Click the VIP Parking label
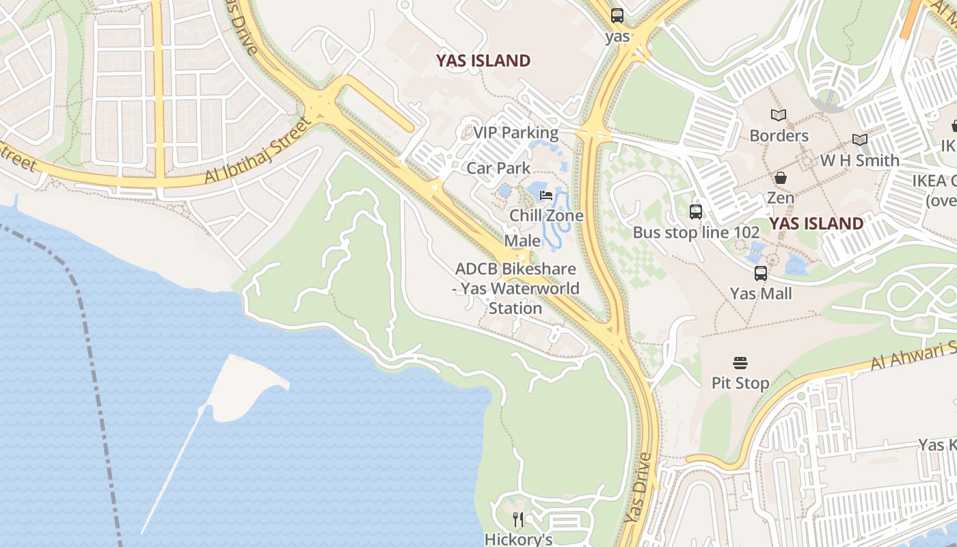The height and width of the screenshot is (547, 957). (515, 133)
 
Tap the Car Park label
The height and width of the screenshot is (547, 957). (498, 168)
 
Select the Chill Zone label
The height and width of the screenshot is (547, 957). (546, 216)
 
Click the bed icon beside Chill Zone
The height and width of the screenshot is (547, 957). (545, 196)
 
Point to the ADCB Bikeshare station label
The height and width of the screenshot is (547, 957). (515, 289)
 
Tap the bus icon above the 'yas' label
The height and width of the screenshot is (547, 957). (617, 16)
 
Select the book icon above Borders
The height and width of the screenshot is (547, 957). (778, 116)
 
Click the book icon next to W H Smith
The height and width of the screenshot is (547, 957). (859, 140)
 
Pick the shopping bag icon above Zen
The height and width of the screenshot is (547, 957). (780, 178)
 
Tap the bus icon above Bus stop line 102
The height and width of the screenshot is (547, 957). (695, 212)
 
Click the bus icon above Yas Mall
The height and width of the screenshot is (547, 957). (760, 273)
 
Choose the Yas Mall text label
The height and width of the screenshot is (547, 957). (761, 294)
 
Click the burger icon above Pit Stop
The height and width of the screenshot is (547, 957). (740, 362)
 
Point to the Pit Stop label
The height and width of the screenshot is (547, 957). (740, 383)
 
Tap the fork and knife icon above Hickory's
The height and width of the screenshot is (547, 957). (518, 520)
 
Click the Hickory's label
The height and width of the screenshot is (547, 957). (518, 539)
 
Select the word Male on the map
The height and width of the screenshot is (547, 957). (522, 241)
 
